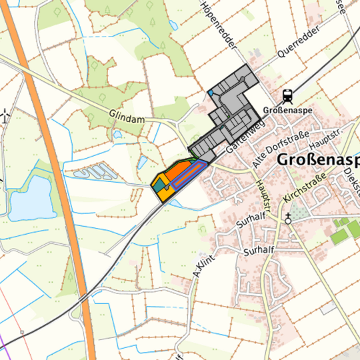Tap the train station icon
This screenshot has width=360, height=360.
(x=287, y=95)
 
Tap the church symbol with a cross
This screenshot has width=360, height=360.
(x=288, y=217)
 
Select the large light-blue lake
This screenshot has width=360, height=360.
(x=30, y=198)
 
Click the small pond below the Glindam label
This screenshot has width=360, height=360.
(x=118, y=134)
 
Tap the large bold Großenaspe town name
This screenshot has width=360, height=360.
(x=317, y=161)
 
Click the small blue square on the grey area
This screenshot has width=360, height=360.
(x=210, y=93)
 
